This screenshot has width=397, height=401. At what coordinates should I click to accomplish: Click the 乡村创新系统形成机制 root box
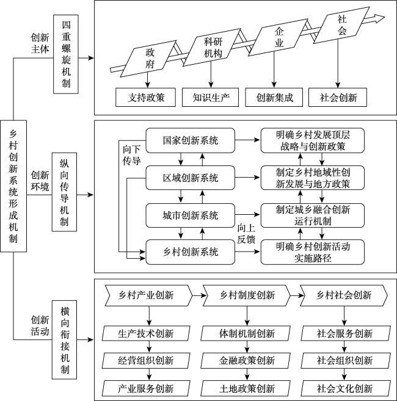coord(13,186)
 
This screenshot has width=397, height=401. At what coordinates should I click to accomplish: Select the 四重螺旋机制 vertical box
coord(66,54)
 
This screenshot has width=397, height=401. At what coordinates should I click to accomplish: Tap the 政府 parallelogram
coord(148,59)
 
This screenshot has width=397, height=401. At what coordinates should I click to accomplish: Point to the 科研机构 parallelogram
coord(212,48)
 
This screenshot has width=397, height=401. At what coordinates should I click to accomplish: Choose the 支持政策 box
coord(145,97)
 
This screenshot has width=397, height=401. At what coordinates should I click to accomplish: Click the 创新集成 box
coord(274,97)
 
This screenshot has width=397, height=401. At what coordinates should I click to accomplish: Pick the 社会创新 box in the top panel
coord(338,97)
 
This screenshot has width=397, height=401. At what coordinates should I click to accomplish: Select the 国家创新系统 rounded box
coord(190,140)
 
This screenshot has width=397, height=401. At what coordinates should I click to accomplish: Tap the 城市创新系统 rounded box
coord(190,215)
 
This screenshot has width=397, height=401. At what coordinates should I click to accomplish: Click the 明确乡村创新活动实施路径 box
coord(313,252)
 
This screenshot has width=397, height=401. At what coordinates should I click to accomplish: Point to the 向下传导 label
coord(131,155)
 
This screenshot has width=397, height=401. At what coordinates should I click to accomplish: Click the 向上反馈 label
coord(246,234)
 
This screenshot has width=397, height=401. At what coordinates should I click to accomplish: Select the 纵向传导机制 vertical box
coord(64,192)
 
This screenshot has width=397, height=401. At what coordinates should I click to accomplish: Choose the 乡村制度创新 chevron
coord(247,295)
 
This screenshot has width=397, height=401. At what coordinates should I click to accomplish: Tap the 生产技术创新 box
coord(146,333)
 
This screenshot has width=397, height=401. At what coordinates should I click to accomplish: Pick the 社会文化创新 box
coord(346,388)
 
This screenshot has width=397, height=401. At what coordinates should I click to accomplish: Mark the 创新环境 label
coord(40,181)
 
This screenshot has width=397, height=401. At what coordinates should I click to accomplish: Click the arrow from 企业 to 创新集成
coord(274,70)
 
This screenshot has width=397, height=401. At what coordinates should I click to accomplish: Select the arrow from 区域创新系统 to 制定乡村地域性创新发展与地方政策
coord(247,177)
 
